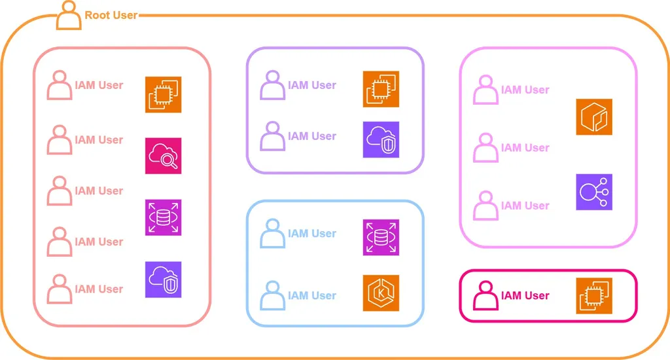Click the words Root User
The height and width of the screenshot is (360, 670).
pos(111,15)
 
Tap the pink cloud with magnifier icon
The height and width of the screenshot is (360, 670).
pos(163,156)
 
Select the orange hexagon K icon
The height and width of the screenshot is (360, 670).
pos(381,293)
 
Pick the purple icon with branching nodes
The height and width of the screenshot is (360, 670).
pos(594,192)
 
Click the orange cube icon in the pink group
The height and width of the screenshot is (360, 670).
pos(594,117)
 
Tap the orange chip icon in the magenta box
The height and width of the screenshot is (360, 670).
pos(594,296)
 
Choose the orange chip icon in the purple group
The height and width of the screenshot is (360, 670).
pos(381,89)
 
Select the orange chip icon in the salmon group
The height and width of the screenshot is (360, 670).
pos(163,94)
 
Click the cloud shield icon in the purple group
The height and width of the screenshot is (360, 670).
pos(381,139)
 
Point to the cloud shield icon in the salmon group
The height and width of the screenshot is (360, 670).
pos(163,279)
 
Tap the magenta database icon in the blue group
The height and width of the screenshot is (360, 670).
pos(381,237)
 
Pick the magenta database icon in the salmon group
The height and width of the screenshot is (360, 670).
pos(163,217)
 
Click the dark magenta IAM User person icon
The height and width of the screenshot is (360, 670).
pos(485,296)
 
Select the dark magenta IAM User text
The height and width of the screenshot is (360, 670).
pos(525,296)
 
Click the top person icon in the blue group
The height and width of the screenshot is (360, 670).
pos(273,234)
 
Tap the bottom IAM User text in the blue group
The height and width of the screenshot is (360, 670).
pos(312,296)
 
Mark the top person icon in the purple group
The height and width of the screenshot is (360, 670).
pos(273,85)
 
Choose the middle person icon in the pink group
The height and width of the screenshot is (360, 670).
pos(485,147)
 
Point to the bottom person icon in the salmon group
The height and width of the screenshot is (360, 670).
pos(60,289)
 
